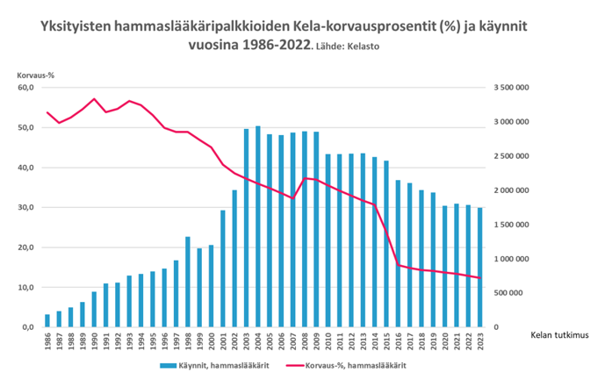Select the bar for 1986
tap(47, 320)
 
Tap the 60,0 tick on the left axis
tap(25, 88)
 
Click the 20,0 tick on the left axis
tap(25, 247)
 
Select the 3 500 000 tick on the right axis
tap(509, 88)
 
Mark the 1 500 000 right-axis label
tap(509, 225)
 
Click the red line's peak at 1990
tap(94, 99)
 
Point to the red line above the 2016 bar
tap(398, 265)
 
